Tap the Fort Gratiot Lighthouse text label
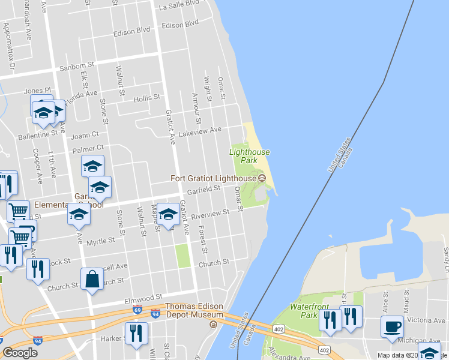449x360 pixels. coord(213,178)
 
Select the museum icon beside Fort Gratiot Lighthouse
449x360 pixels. coord(261,178)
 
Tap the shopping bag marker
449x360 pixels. coord(92,279)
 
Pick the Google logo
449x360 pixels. coord(20,353)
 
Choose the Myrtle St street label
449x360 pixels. coord(100,241)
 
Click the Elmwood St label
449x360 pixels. coord(143,297)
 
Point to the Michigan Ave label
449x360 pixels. coord(414,340)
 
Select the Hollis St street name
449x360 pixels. coord(146,97)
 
